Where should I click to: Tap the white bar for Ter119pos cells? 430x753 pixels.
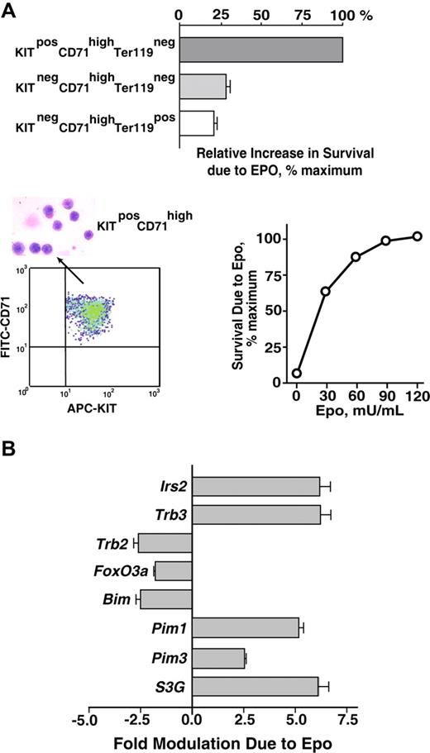point(197,123)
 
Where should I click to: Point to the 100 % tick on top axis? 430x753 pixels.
point(342,16)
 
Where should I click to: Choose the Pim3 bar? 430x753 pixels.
point(218,658)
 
